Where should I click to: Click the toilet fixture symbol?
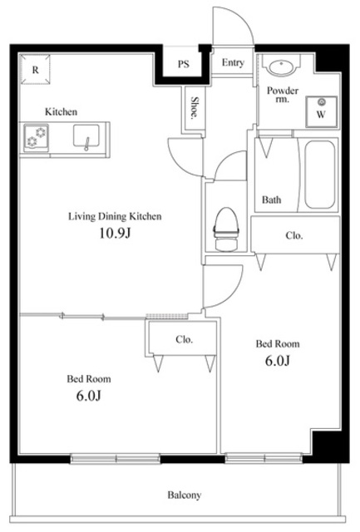point(226,229)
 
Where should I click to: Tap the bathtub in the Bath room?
point(319,175)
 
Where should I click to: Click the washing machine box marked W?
point(321,111)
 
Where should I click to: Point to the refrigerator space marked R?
point(35,69)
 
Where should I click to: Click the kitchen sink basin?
point(86,136)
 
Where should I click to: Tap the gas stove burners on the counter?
point(36,136)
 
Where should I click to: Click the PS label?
point(184,64)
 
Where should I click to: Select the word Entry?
point(233,63)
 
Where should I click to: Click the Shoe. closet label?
point(195,107)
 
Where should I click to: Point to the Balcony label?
point(185,495)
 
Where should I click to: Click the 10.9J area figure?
point(115,233)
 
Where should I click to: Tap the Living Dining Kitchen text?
point(115,216)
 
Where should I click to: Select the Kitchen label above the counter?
point(61,111)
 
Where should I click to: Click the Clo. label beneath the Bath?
point(293,235)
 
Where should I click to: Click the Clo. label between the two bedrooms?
point(185,339)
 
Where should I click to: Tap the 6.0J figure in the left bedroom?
point(89,396)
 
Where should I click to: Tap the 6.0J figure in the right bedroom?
point(278,361)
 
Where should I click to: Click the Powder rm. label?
point(283,95)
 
